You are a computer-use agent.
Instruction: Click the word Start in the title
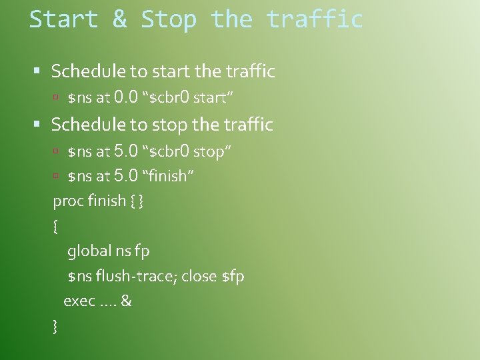click(x=63, y=19)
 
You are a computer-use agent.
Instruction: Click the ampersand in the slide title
click(x=120, y=19)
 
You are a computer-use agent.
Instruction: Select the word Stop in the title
click(x=169, y=19)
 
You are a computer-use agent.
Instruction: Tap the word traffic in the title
click(x=315, y=19)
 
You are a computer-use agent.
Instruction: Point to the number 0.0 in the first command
click(x=127, y=97)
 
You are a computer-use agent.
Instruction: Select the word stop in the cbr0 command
click(x=209, y=151)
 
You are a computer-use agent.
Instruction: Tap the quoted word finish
click(x=167, y=176)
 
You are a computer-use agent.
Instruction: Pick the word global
click(x=89, y=251)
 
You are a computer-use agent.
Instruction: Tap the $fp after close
click(x=233, y=276)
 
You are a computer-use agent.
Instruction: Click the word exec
click(x=79, y=301)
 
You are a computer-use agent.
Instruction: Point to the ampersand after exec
click(x=126, y=301)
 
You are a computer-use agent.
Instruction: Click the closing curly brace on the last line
click(x=55, y=326)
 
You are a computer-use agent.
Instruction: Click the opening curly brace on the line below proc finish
click(x=55, y=226)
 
